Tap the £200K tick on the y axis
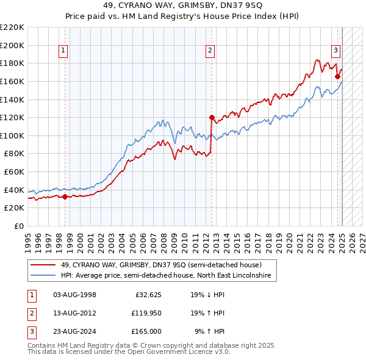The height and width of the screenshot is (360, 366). click(12, 45)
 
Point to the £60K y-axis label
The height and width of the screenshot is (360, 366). click(15, 172)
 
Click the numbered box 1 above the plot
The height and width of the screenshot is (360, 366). click(63, 51)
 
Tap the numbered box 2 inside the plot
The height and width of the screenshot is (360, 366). click(210, 51)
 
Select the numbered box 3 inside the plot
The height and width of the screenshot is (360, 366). click(335, 51)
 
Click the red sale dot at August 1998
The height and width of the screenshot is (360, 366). click(65, 196)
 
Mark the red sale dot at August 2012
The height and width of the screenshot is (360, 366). click(212, 117)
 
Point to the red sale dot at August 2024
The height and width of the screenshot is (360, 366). click(337, 77)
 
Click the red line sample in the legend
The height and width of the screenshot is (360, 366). click(43, 265)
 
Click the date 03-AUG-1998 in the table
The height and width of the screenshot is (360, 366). click(75, 295)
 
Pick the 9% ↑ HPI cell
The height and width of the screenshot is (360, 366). click(209, 331)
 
